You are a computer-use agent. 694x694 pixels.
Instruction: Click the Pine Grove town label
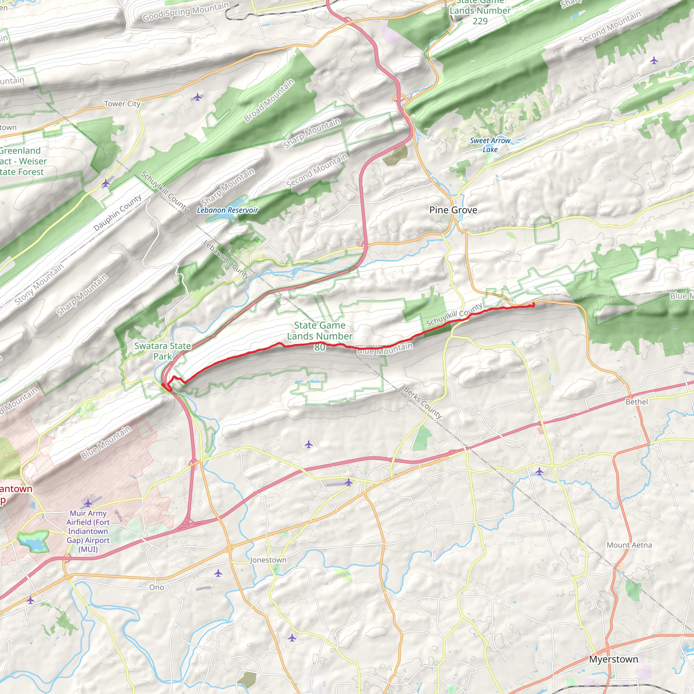pyautogui.click(x=453, y=210)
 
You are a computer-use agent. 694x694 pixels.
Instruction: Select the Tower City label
pyautogui.click(x=122, y=104)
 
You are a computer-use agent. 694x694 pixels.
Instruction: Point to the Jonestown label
pyautogui.click(x=268, y=560)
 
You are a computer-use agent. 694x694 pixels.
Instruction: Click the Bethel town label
pyautogui.click(x=636, y=402)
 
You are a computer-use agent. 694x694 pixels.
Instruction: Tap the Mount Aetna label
pyautogui.click(x=629, y=545)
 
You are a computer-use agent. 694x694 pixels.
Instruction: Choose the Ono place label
pyautogui.click(x=156, y=587)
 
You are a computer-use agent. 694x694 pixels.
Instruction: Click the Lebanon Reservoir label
pyautogui.click(x=227, y=210)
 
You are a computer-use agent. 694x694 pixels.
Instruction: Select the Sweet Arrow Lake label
pyautogui.click(x=490, y=145)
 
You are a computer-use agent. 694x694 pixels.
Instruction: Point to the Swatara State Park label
pyautogui.click(x=162, y=351)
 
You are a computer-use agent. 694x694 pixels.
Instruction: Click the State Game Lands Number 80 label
pyautogui.click(x=320, y=336)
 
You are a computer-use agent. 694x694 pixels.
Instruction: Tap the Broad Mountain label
pyautogui.click(x=269, y=101)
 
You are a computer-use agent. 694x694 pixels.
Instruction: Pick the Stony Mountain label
pyautogui.click(x=39, y=284)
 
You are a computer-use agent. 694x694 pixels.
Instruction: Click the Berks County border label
pyautogui.click(x=423, y=402)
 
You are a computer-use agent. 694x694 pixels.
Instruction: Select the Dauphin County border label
pyautogui.click(x=118, y=213)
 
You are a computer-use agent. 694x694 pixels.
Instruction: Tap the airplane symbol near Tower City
pyautogui.click(x=197, y=97)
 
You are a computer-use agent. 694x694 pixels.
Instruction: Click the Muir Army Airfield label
pyautogui.click(x=88, y=531)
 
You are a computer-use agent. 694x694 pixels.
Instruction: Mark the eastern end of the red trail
pyautogui.click(x=533, y=305)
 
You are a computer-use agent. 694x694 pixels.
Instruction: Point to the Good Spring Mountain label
pyautogui.click(x=185, y=12)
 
